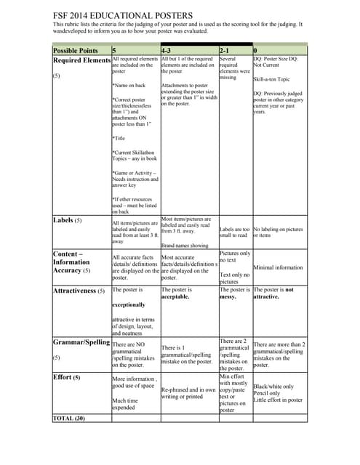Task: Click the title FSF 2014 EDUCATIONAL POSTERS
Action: (x=124, y=15)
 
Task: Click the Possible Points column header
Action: (x=76, y=50)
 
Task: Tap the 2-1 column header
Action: (x=225, y=50)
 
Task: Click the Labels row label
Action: (x=67, y=219)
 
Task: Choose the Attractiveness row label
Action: (x=79, y=291)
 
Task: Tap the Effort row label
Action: (x=66, y=378)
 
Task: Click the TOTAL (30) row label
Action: (x=69, y=418)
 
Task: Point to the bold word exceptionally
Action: (x=129, y=305)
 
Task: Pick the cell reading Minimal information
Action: (x=279, y=267)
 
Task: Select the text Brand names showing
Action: (x=183, y=246)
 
